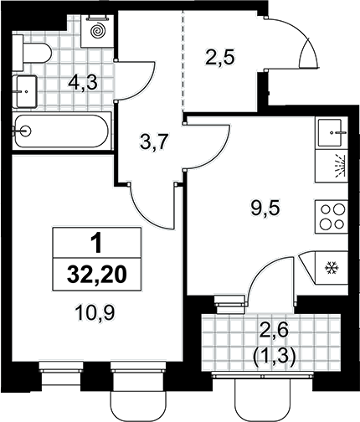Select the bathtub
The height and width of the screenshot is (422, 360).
(x=62, y=131)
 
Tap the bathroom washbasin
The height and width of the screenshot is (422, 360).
(x=26, y=91)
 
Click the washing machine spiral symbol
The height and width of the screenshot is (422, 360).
(x=97, y=31)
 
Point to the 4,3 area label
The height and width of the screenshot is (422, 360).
(x=83, y=83)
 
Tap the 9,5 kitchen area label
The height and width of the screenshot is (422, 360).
(x=265, y=208)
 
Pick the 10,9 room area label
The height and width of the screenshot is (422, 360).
(x=95, y=312)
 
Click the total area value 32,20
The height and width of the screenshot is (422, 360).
(x=97, y=275)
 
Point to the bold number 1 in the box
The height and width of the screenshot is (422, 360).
(x=97, y=244)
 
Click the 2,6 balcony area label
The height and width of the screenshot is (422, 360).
(x=274, y=332)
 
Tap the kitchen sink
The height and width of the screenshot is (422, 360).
(x=332, y=132)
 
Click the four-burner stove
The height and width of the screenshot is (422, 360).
(x=332, y=217)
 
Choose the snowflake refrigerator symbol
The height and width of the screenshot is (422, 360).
(x=332, y=268)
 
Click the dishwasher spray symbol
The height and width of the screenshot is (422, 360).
(x=338, y=166)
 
